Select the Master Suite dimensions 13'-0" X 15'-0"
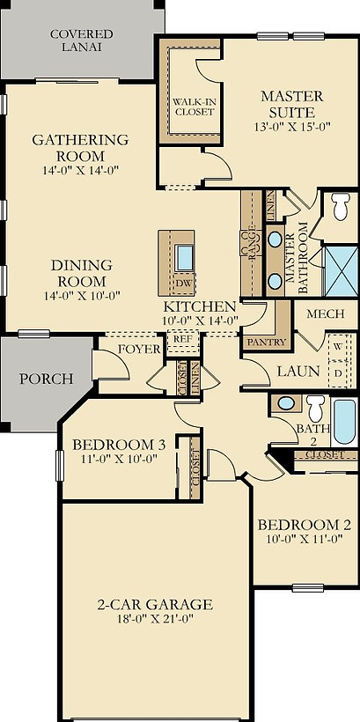[x=292, y=127]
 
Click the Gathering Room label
[x=80, y=140]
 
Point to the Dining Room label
[x=81, y=265]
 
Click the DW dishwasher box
[x=183, y=284]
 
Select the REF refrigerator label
[x=182, y=338]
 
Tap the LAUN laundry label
[x=298, y=372]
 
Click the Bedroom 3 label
[x=119, y=445]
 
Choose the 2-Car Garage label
[x=154, y=604]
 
